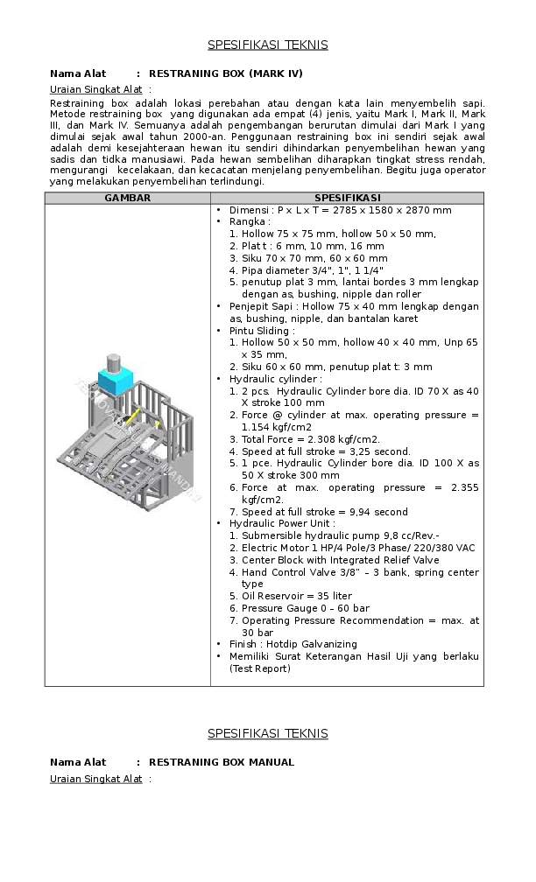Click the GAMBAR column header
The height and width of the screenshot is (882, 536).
(128, 198)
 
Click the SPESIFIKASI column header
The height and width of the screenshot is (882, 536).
(347, 198)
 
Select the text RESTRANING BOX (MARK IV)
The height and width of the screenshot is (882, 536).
(226, 73)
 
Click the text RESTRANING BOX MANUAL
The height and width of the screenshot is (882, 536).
(222, 762)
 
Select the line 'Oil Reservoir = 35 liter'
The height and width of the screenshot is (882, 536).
(297, 596)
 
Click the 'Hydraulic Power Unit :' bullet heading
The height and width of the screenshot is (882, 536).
(281, 523)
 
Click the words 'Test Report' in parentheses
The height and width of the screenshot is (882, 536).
(260, 668)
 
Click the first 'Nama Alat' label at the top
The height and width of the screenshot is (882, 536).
(78, 73)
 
